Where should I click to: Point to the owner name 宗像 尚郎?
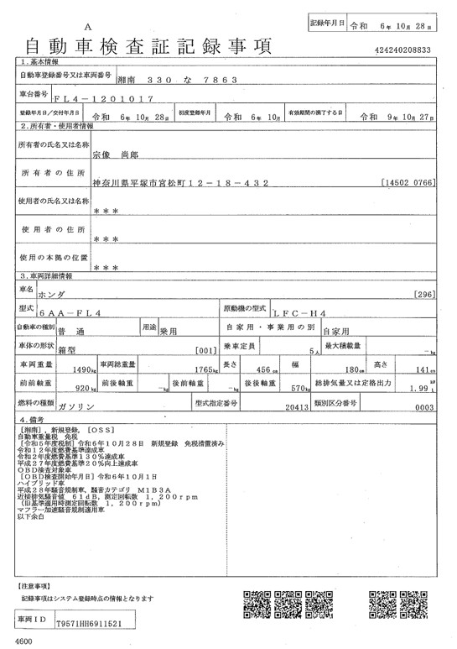(112, 154)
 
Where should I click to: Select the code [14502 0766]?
(407, 181)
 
